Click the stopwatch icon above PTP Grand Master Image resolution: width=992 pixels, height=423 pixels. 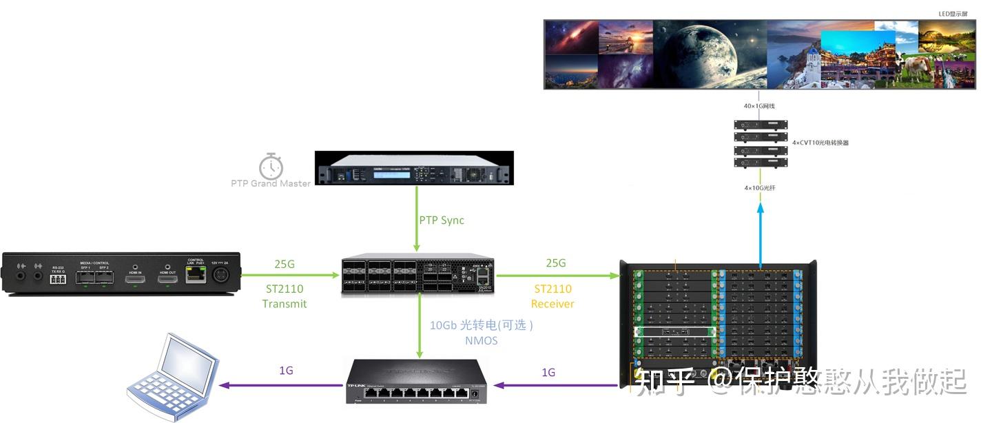(x=271, y=166)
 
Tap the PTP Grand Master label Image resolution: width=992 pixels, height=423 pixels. (x=271, y=183)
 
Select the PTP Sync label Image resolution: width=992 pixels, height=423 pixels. (x=442, y=220)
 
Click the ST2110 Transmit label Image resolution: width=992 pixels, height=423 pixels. (x=284, y=296)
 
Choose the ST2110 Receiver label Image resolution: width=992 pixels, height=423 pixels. (x=552, y=296)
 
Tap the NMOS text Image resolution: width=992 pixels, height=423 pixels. (x=482, y=340)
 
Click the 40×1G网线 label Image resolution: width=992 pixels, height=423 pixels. (x=760, y=106)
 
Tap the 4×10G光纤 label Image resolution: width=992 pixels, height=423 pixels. (x=760, y=187)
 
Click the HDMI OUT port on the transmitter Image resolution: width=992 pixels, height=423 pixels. (x=167, y=277)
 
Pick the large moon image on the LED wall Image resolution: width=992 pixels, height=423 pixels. (x=709, y=54)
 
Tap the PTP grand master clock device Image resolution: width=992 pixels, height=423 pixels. (x=414, y=167)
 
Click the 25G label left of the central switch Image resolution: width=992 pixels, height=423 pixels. (x=285, y=263)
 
